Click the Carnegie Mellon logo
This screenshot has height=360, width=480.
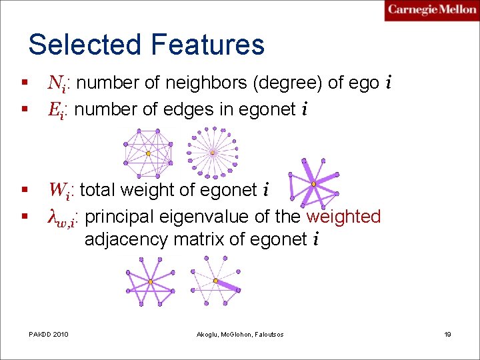pyautogui.click(x=431, y=10)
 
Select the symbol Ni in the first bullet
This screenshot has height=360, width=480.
pyautogui.click(x=59, y=83)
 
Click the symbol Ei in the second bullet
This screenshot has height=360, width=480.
pyautogui.click(x=58, y=109)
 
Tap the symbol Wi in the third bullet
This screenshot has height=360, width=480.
pyautogui.click(x=62, y=191)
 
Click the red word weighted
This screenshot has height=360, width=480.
pyautogui.click(x=343, y=217)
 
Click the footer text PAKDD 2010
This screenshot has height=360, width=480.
pyautogui.click(x=49, y=333)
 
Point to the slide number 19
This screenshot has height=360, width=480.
pyautogui.click(x=447, y=333)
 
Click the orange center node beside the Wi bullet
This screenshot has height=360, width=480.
pyautogui.click(x=313, y=184)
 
